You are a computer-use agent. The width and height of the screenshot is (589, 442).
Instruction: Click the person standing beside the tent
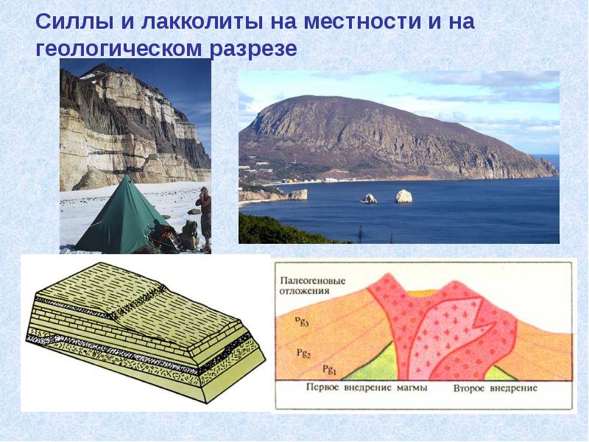coord(203,214)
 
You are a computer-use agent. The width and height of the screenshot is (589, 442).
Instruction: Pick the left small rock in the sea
coord(369,198)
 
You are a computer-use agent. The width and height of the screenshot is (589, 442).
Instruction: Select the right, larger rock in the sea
coord(403,196)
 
